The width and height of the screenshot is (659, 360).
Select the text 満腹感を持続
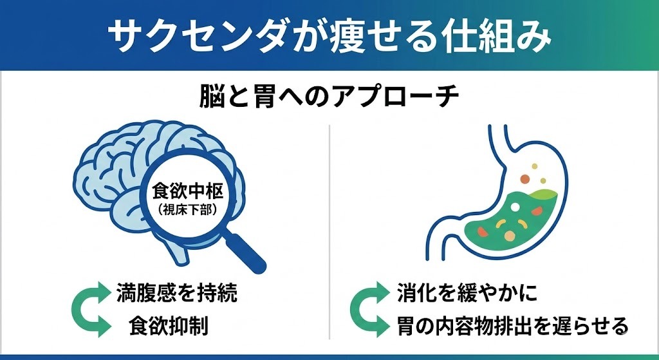tap(177, 294)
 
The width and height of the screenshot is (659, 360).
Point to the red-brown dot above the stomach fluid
tap(524, 177)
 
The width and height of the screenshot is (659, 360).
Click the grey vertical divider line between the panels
tap(329, 232)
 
